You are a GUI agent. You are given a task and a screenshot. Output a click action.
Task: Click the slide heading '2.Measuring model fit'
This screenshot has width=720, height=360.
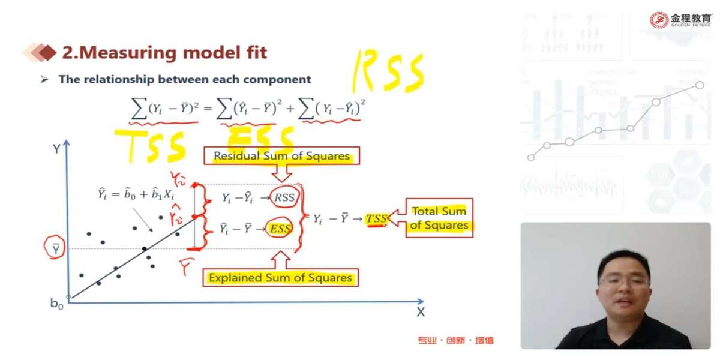pyautogui.click(x=164, y=53)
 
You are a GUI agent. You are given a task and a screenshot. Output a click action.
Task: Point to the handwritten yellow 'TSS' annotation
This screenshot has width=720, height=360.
pyautogui.click(x=150, y=146)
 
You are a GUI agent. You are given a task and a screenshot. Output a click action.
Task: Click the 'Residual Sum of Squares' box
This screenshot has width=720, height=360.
pyautogui.click(x=281, y=157)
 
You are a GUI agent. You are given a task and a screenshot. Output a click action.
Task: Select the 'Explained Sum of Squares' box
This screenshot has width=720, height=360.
pyautogui.click(x=280, y=278)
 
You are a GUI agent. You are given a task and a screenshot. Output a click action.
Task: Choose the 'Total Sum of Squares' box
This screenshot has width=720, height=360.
pyautogui.click(x=439, y=218)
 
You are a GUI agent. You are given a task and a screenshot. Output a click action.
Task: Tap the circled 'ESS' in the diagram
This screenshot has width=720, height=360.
pyautogui.click(x=280, y=229)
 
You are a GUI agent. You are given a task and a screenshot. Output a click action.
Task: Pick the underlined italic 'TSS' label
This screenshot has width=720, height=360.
pyautogui.click(x=377, y=219)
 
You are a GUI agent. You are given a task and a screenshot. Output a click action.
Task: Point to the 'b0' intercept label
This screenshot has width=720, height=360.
pyautogui.click(x=57, y=304)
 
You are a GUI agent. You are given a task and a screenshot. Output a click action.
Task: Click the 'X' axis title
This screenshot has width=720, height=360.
pyautogui.click(x=421, y=312)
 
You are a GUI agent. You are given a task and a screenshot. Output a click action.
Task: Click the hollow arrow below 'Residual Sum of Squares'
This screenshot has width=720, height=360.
pyautogui.click(x=281, y=173)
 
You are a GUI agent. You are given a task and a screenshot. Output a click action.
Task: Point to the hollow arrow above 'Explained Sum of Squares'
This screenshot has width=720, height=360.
pyautogui.click(x=281, y=259)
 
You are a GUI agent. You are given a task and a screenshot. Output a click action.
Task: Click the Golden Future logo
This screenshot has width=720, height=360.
pyautogui.click(x=681, y=20)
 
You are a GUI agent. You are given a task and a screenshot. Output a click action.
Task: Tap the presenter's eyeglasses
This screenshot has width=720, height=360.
pyautogui.click(x=624, y=280)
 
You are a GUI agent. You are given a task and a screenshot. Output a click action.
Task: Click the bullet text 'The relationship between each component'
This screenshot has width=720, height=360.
pyautogui.click(x=184, y=79)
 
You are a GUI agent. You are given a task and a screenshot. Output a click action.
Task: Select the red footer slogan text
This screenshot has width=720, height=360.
pyautogui.click(x=456, y=341)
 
